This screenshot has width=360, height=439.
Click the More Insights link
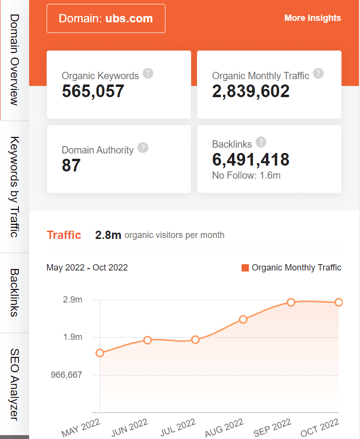click(x=312, y=18)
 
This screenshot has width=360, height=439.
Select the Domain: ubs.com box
click(x=106, y=19)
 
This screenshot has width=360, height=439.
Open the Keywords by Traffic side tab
click(x=14, y=187)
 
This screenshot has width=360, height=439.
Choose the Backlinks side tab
click(x=14, y=292)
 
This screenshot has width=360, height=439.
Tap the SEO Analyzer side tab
click(x=14, y=384)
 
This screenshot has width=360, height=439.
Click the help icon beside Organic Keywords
click(x=148, y=74)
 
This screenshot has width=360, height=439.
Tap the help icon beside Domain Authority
click(x=143, y=148)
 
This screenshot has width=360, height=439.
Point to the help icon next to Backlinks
click(x=261, y=142)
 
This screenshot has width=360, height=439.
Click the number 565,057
click(x=93, y=91)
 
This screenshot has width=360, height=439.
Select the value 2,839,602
click(x=251, y=91)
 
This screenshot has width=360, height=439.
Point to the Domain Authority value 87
click(x=71, y=166)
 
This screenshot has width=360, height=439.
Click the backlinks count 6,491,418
click(x=251, y=159)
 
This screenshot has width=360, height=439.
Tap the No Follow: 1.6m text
click(x=246, y=175)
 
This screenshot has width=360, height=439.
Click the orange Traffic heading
click(x=64, y=235)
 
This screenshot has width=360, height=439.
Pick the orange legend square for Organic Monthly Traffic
click(x=245, y=268)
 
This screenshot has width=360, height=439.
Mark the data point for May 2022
click(x=100, y=353)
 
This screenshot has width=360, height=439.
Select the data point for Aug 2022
click(x=243, y=319)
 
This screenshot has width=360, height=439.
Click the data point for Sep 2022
click(x=291, y=302)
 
